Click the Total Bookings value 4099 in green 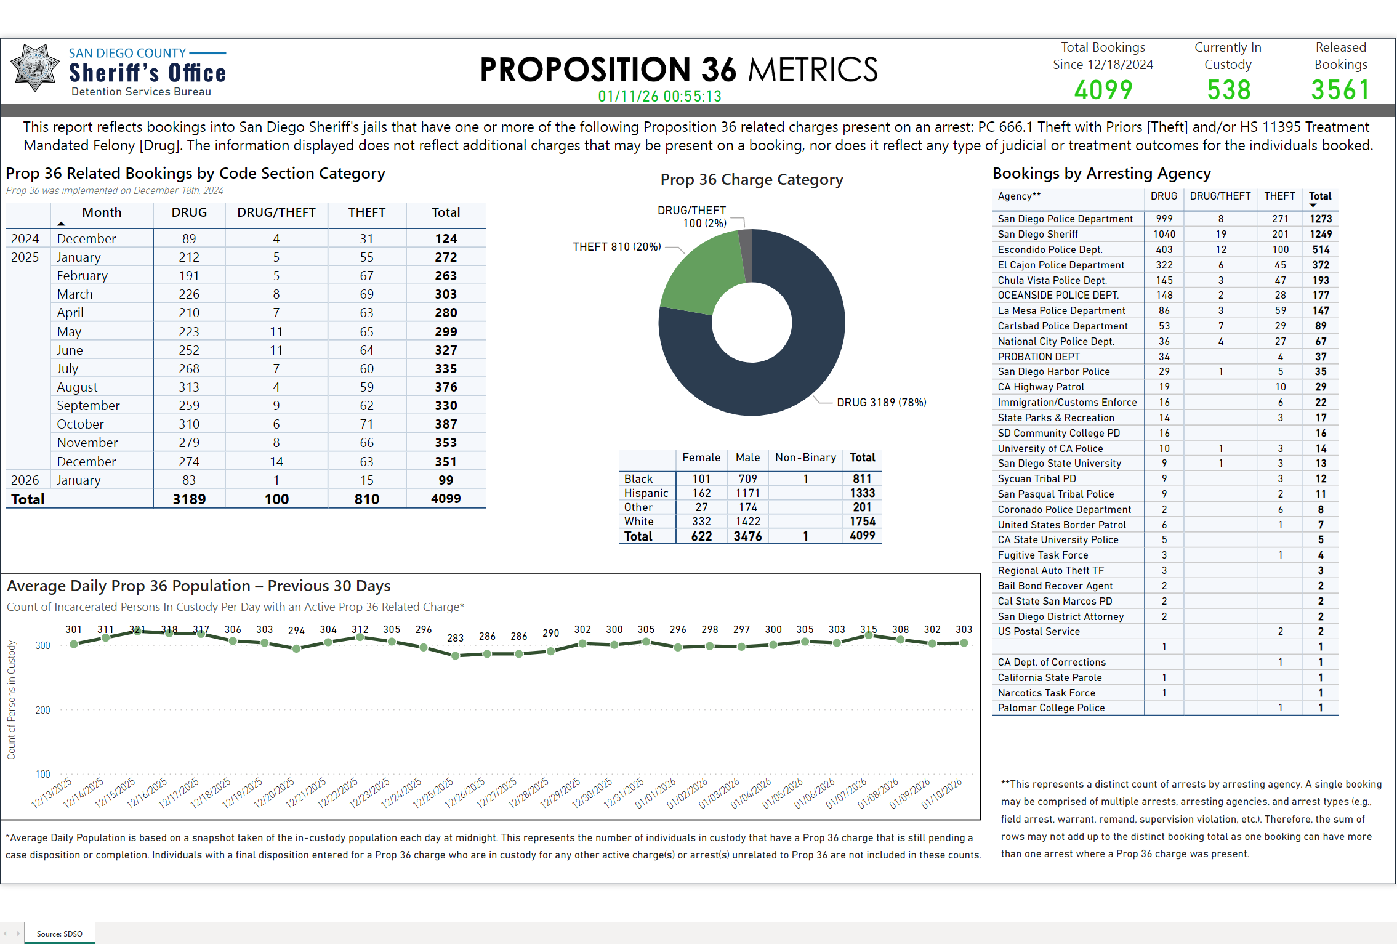[x=1103, y=90]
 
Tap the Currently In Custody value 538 [x=1228, y=90]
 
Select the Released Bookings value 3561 [x=1340, y=90]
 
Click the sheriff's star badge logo [x=35, y=68]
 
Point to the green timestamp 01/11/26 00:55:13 [x=659, y=96]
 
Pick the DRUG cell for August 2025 [x=189, y=387]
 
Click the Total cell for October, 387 [x=446, y=424]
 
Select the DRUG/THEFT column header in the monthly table [x=276, y=212]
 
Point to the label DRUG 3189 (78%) [x=881, y=403]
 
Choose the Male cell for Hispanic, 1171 [x=747, y=493]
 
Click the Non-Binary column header [x=805, y=458]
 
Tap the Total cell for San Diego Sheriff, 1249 [x=1320, y=234]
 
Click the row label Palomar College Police [x=1051, y=708]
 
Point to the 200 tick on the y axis [x=43, y=710]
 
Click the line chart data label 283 [x=455, y=638]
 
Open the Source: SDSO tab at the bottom [x=59, y=934]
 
